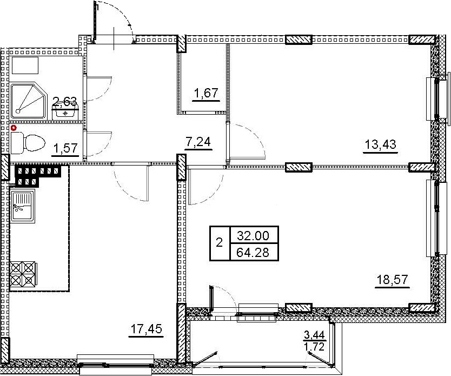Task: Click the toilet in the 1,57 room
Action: tap(28, 142)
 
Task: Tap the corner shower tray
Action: tap(28, 101)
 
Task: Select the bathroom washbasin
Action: tap(65, 111)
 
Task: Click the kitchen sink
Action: tap(23, 206)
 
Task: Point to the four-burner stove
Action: tap(22, 274)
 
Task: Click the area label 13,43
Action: tap(380, 144)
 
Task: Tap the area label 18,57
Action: tap(392, 279)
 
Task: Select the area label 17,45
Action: tap(146, 328)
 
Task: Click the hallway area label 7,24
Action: tap(198, 142)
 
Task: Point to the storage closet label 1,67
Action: tap(206, 93)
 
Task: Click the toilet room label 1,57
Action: tap(65, 148)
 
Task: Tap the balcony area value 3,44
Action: tap(314, 335)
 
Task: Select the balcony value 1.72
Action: tap(315, 347)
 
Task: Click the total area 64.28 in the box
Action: tap(253, 252)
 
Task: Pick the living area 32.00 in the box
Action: tap(253, 236)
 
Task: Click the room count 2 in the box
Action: tap(219, 243)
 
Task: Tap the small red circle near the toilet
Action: tap(12, 128)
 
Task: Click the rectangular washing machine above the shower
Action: tap(24, 65)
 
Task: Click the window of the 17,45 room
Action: tap(116, 361)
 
